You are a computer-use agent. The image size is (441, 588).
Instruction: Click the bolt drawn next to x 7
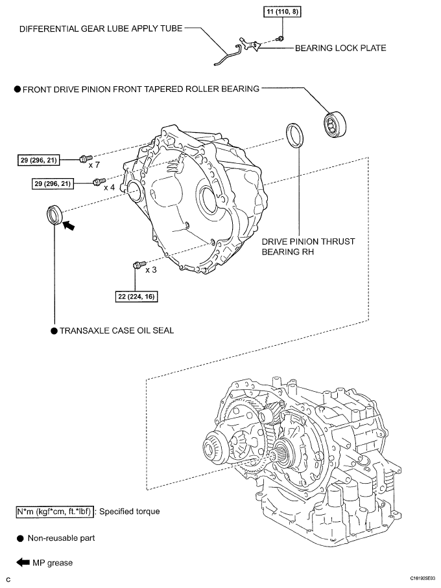84,158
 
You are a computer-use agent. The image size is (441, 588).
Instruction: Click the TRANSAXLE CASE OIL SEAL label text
116,330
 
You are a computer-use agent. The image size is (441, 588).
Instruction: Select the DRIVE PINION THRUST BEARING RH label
308,247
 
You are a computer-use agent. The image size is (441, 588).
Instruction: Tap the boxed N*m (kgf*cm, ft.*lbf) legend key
56,512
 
